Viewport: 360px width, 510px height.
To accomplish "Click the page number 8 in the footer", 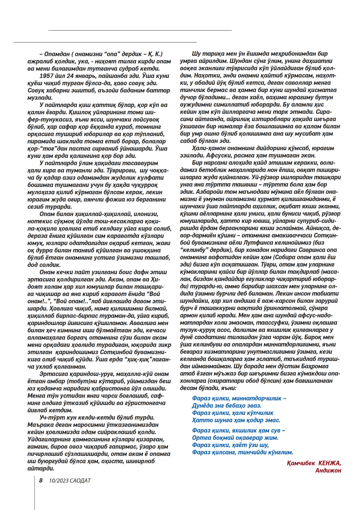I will click(41, 480).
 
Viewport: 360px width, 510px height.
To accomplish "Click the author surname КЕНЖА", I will click(329, 463).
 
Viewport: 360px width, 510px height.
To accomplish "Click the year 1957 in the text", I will click(49, 75).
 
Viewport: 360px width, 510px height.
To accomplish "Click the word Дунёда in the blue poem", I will click(202, 405).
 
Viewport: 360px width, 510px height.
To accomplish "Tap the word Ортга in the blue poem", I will click(201, 437).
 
